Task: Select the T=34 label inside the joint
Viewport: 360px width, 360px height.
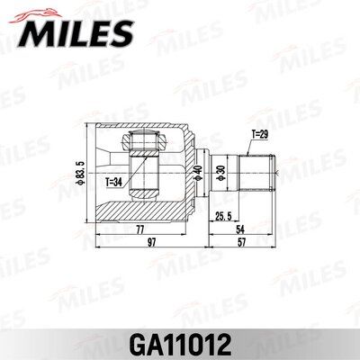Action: click(x=115, y=181)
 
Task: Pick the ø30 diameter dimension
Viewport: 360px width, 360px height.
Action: click(x=221, y=171)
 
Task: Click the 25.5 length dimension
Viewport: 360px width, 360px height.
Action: click(x=226, y=217)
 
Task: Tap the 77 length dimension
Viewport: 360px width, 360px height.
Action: click(x=140, y=230)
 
